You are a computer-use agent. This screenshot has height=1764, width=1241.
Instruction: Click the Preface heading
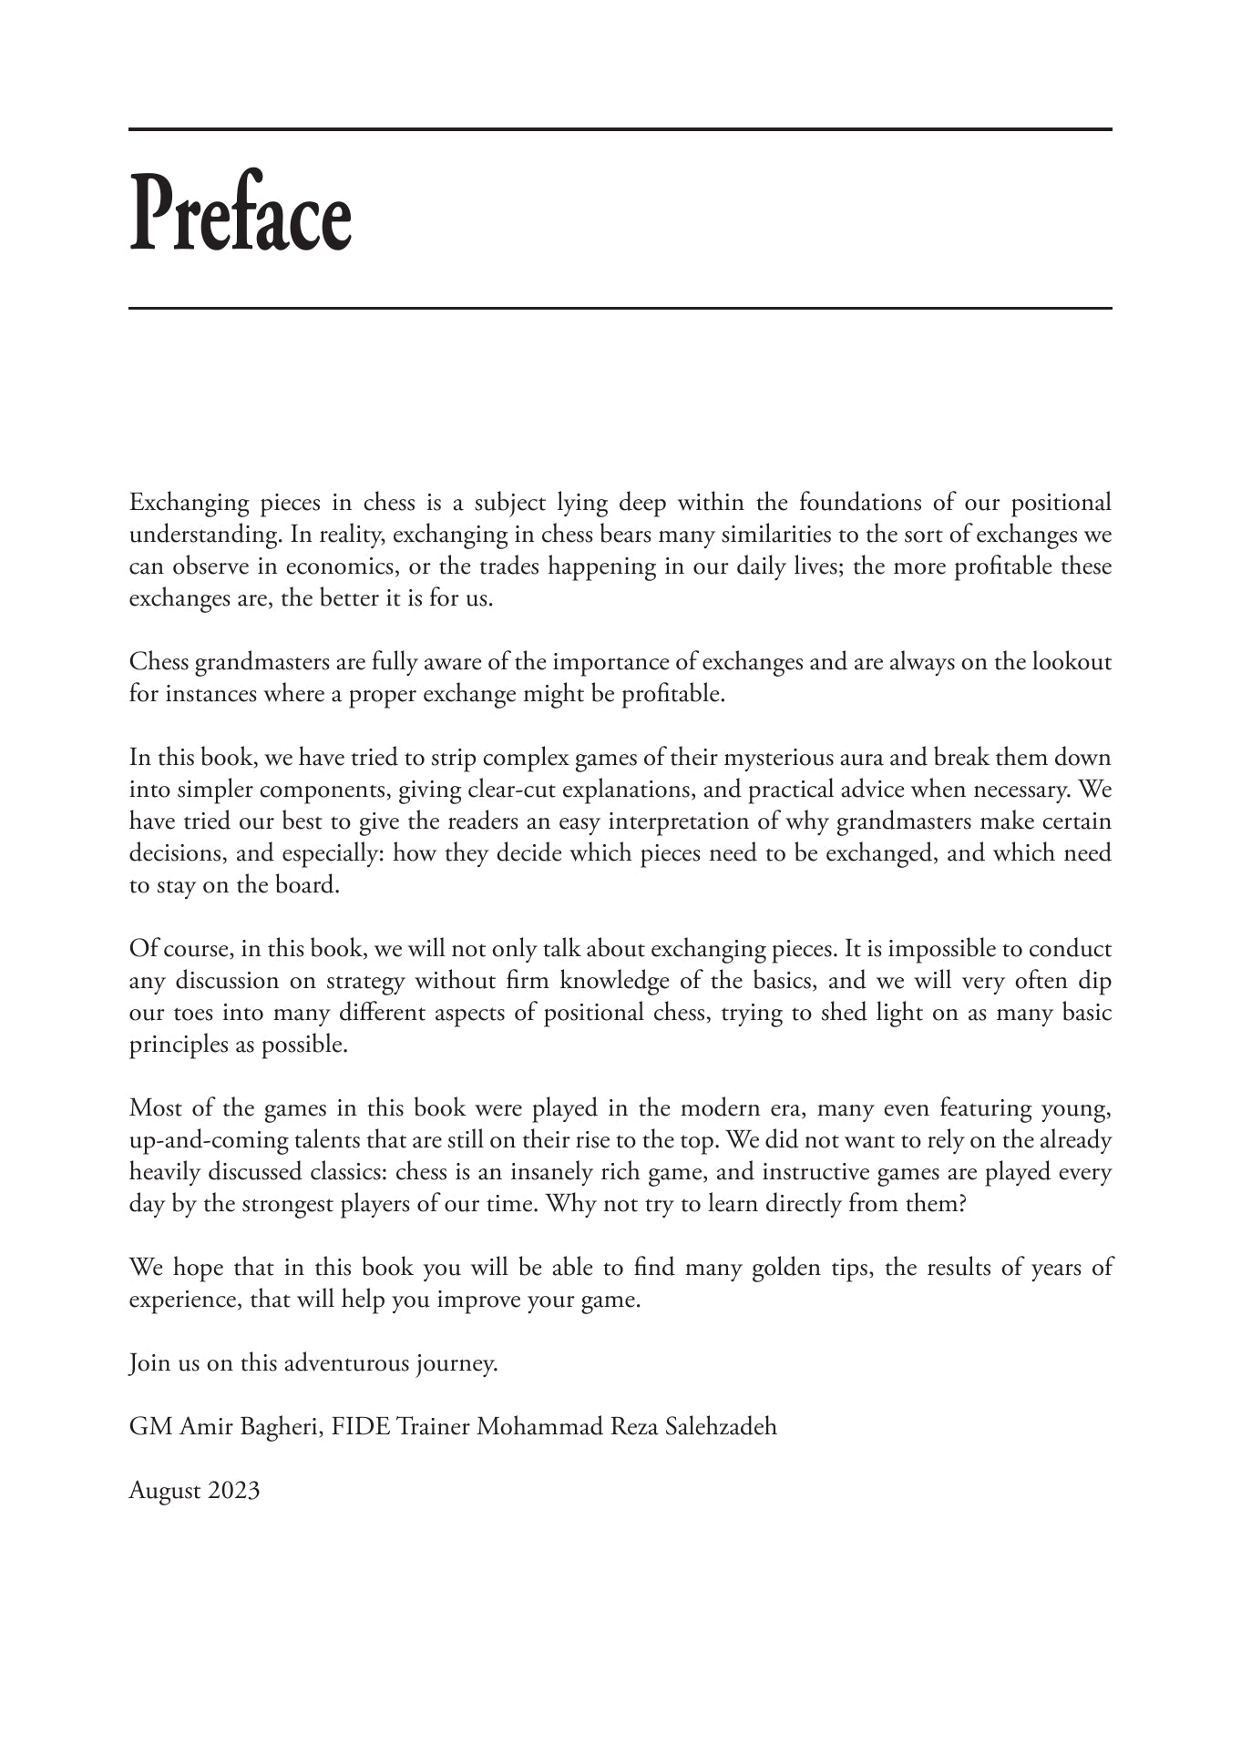241,212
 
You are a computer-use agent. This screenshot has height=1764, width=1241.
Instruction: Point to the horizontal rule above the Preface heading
620,129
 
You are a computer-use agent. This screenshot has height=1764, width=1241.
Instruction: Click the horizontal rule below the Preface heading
620,309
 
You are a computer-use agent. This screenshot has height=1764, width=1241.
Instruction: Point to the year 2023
233,1491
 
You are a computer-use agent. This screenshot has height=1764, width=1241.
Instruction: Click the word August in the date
165,1491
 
